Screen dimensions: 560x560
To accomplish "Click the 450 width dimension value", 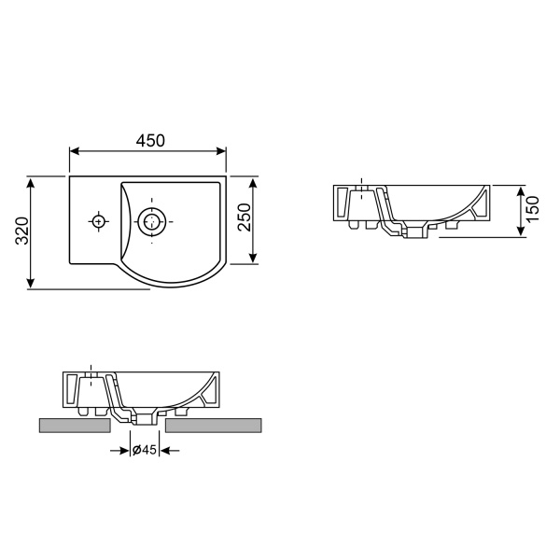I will (x=150, y=140).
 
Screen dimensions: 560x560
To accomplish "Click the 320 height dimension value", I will (x=21, y=231).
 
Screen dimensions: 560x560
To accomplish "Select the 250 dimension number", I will (x=244, y=220).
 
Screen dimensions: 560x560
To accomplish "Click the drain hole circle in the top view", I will (x=150, y=221).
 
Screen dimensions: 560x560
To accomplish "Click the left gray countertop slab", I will (x=75, y=426).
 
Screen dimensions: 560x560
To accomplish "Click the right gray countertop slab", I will (x=214, y=426).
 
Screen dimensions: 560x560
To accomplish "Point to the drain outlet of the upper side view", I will (x=414, y=231).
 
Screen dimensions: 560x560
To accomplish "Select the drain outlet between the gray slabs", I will (x=144, y=418).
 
